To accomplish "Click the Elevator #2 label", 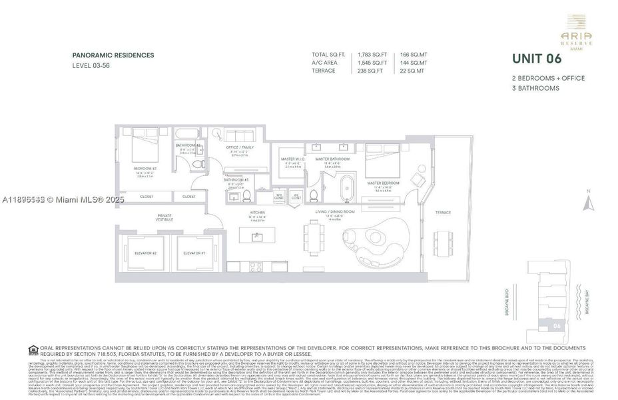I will pos(145,253).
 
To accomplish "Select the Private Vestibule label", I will pos(164,217).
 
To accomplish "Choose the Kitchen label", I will pos(257,214).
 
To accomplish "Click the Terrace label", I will pos(443,212).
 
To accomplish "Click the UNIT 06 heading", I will pos(537,59).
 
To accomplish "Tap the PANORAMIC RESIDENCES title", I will pos(113,55).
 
